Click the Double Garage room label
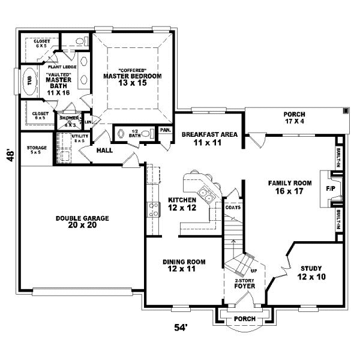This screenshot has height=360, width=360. pyautogui.click(x=76, y=221)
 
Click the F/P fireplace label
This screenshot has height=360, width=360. pyautogui.click(x=331, y=188)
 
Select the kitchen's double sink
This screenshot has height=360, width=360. pyautogui.click(x=205, y=194)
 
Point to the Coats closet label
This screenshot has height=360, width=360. pyautogui.click(x=233, y=208)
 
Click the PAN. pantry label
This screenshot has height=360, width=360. pyautogui.click(x=166, y=130)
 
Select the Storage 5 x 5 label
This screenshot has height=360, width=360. pyautogui.click(x=37, y=149)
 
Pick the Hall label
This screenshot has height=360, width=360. pyautogui.click(x=105, y=150)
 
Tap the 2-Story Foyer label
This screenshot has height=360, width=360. pyautogui.click(x=244, y=284)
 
